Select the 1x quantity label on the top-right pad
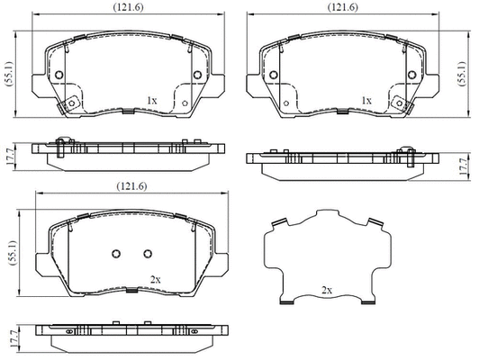(x=366, y=100)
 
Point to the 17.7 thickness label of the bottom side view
(x=12, y=339)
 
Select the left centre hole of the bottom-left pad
(x=115, y=254)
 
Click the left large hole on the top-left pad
(x=59, y=75)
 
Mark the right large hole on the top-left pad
(x=196, y=75)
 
